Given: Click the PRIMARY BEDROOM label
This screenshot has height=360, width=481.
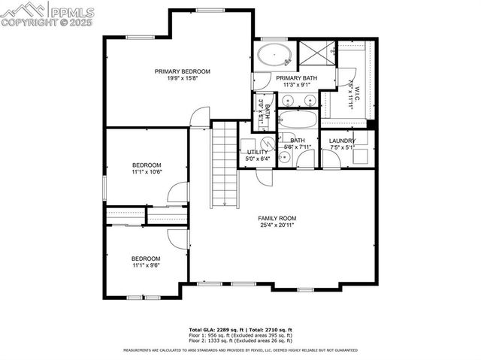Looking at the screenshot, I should click(x=183, y=71).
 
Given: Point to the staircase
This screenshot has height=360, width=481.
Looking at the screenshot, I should click(x=225, y=165).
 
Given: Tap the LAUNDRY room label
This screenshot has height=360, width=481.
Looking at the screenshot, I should click(x=342, y=141).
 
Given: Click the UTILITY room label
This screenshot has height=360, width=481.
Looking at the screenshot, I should click(x=258, y=152).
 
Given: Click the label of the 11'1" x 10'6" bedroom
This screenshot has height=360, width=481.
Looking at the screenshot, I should click(x=147, y=165).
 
